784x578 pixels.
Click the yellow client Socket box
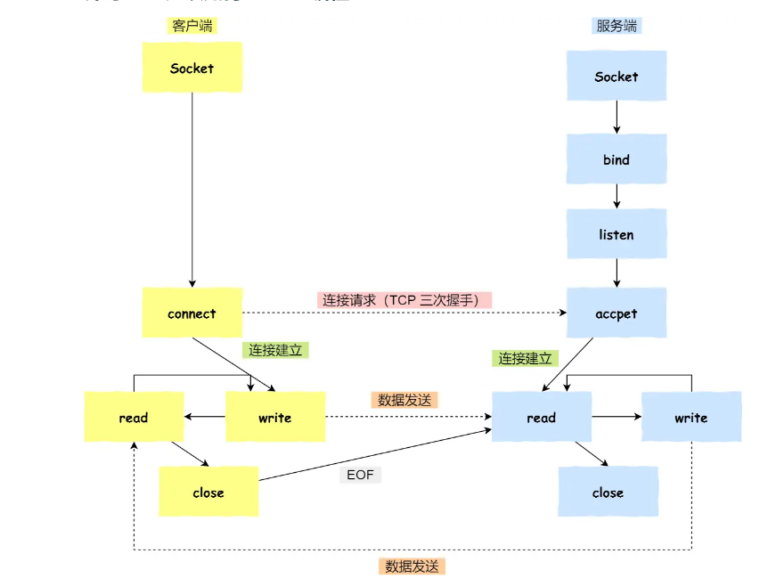(x=192, y=67)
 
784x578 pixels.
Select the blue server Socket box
(x=616, y=76)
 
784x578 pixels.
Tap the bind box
(x=616, y=159)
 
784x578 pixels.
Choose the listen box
(x=616, y=234)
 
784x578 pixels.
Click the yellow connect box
(x=192, y=313)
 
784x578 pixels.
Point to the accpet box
(x=616, y=313)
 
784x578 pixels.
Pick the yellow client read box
(x=134, y=417)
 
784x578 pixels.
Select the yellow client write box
(x=274, y=417)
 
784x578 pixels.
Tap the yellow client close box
(x=208, y=492)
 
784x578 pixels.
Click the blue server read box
(x=541, y=417)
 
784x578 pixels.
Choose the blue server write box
(x=690, y=417)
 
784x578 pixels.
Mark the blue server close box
(x=608, y=492)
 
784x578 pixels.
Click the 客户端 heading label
(x=192, y=26)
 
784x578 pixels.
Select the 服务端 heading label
(x=616, y=26)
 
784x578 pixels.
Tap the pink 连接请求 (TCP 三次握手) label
(x=404, y=300)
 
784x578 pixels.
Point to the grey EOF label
(x=361, y=475)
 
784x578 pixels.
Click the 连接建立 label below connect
(x=275, y=350)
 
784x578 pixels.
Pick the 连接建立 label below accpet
(x=525, y=358)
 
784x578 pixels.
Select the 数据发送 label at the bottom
(x=412, y=566)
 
